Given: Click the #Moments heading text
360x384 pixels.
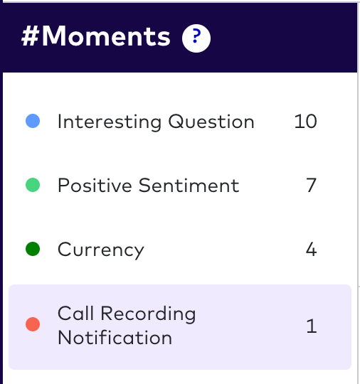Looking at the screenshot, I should [96, 37].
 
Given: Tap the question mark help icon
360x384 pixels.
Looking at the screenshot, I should [196, 38].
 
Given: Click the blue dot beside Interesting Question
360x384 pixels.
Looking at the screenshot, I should [32, 122].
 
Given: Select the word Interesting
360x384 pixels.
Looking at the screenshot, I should [110, 122].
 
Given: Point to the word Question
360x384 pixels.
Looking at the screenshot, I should [211, 122].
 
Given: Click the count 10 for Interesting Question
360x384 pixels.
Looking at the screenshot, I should [305, 122].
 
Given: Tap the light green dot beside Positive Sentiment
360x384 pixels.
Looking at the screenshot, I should [32, 186].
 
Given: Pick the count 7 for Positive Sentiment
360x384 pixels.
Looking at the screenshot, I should [310, 186].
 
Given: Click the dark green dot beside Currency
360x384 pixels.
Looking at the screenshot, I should [32, 249].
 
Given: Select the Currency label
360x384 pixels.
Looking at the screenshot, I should [101, 250].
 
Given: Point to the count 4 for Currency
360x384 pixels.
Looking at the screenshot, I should [310, 250].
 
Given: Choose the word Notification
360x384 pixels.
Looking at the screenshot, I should [115, 337].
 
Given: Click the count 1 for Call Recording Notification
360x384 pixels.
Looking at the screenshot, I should [310, 326].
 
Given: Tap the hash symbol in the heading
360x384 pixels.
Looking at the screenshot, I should [31, 37].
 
